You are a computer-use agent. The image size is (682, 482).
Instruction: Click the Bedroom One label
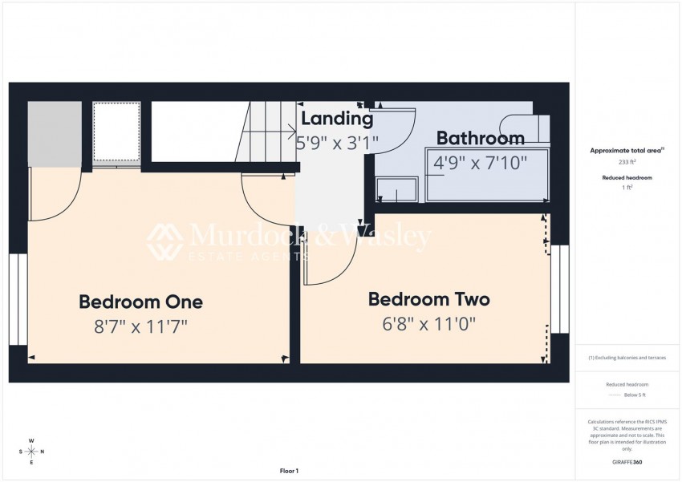coord(140,302)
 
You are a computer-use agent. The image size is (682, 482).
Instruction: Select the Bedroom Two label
coord(428,299)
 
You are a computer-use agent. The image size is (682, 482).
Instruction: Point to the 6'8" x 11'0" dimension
coord(429,323)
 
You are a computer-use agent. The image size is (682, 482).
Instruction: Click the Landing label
coord(337,119)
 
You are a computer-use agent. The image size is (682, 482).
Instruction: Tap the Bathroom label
coord(480,138)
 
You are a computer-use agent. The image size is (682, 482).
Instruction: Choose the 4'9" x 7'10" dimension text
coord(480,162)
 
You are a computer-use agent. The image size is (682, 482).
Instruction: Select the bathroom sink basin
coord(397,189)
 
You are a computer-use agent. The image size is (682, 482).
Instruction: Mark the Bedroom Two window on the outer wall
coord(559,289)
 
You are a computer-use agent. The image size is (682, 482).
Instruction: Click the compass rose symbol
coord(31,452)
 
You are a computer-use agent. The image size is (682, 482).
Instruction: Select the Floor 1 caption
coord(289,471)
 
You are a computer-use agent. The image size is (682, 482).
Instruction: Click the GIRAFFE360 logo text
coord(627,462)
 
